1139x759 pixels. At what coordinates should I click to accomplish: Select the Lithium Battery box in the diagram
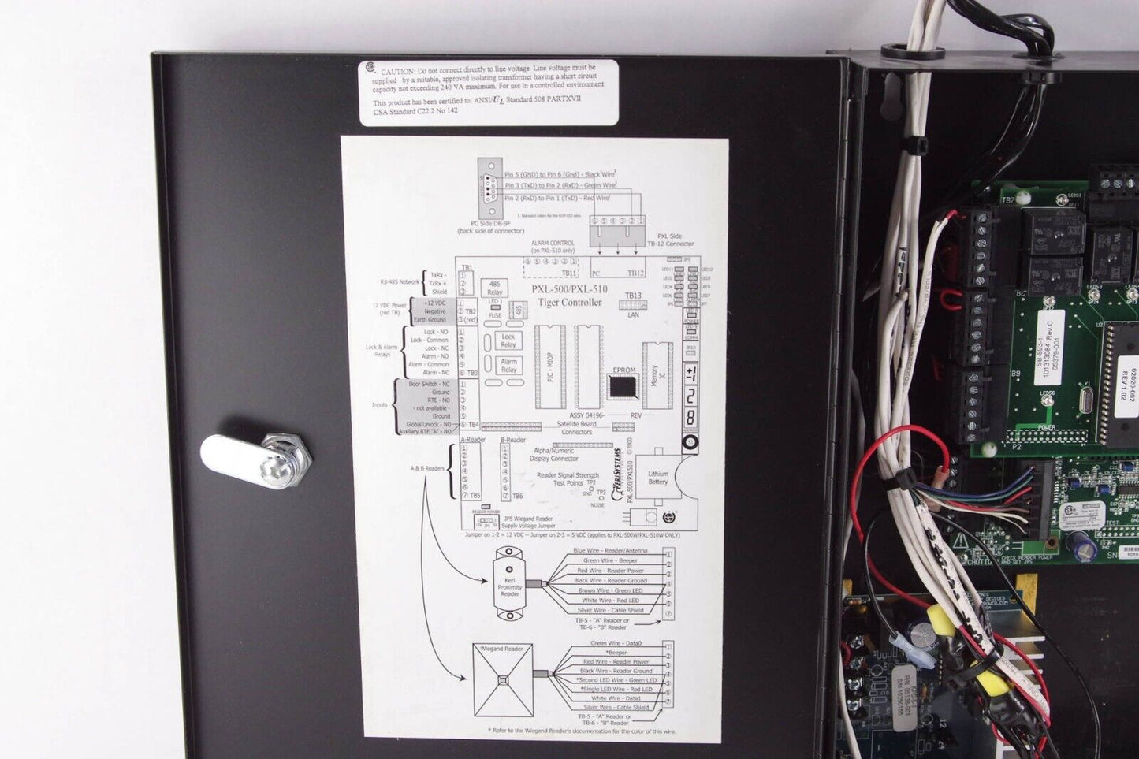657,478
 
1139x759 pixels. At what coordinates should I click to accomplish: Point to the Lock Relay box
508,340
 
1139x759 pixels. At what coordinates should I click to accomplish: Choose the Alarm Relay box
508,366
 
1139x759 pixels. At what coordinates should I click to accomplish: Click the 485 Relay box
494,288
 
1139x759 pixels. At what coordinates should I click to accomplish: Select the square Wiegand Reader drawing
502,679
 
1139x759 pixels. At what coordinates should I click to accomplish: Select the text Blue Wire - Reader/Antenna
610,551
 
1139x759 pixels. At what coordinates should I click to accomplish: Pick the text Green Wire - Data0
616,643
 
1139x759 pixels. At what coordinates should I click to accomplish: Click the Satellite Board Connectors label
576,428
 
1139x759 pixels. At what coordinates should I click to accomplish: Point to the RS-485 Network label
400,281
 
